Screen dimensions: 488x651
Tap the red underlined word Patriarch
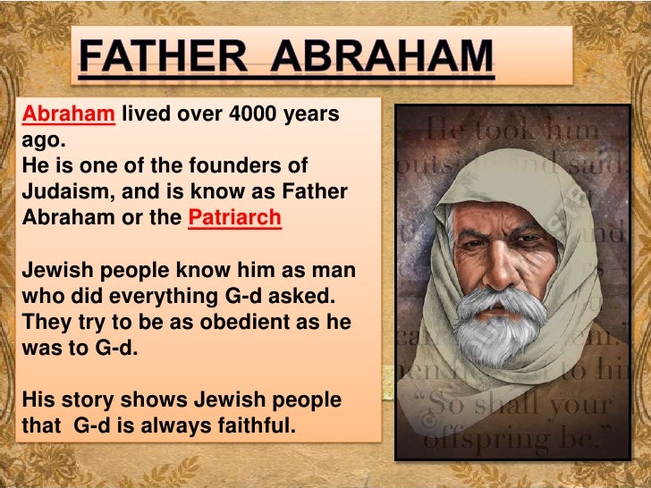coord(234,218)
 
